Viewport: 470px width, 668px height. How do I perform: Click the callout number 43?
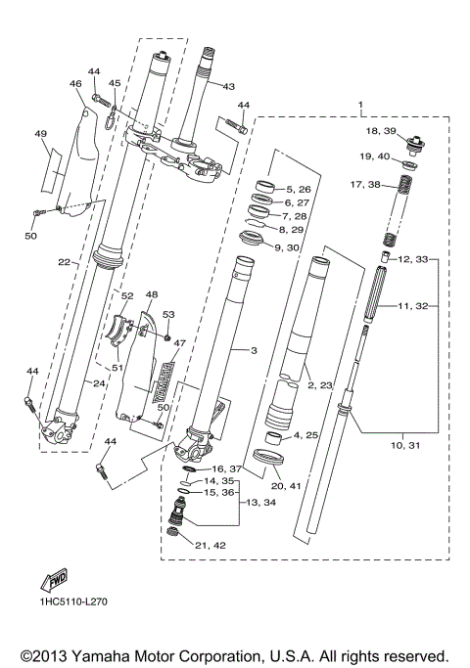tap(228, 86)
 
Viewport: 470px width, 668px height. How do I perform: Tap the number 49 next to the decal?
tap(40, 134)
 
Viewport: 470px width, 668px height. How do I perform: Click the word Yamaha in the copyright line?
tap(98, 654)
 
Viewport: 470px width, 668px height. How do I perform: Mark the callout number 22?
tap(63, 262)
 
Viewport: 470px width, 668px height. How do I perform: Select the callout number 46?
tap(75, 85)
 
